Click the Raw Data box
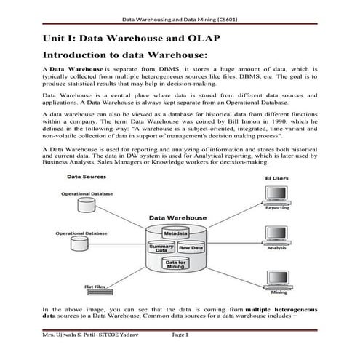(x=191, y=249)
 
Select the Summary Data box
(x=161, y=249)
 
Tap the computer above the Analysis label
(x=276, y=236)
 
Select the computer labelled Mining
(x=277, y=278)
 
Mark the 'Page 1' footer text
(x=180, y=354)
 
